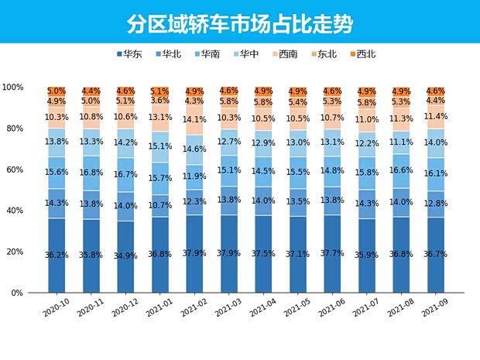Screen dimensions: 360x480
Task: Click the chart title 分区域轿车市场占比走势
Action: (239, 23)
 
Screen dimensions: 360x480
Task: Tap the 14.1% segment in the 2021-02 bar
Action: (195, 120)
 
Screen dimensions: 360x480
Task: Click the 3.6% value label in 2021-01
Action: (160, 101)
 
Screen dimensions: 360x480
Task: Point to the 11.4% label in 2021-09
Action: (436, 116)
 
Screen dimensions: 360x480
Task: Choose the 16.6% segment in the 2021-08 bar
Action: (401, 170)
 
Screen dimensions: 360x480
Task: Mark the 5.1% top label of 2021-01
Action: (160, 91)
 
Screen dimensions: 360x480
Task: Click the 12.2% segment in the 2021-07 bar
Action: (366, 142)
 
